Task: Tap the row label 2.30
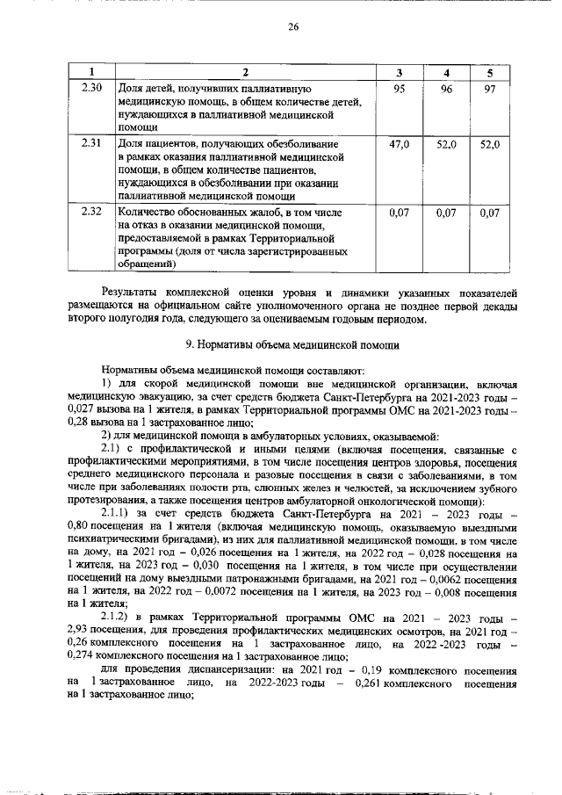[91, 89]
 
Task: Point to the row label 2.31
[91, 142]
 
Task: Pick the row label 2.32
[91, 212]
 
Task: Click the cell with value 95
[400, 89]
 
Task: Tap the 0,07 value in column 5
[491, 212]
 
